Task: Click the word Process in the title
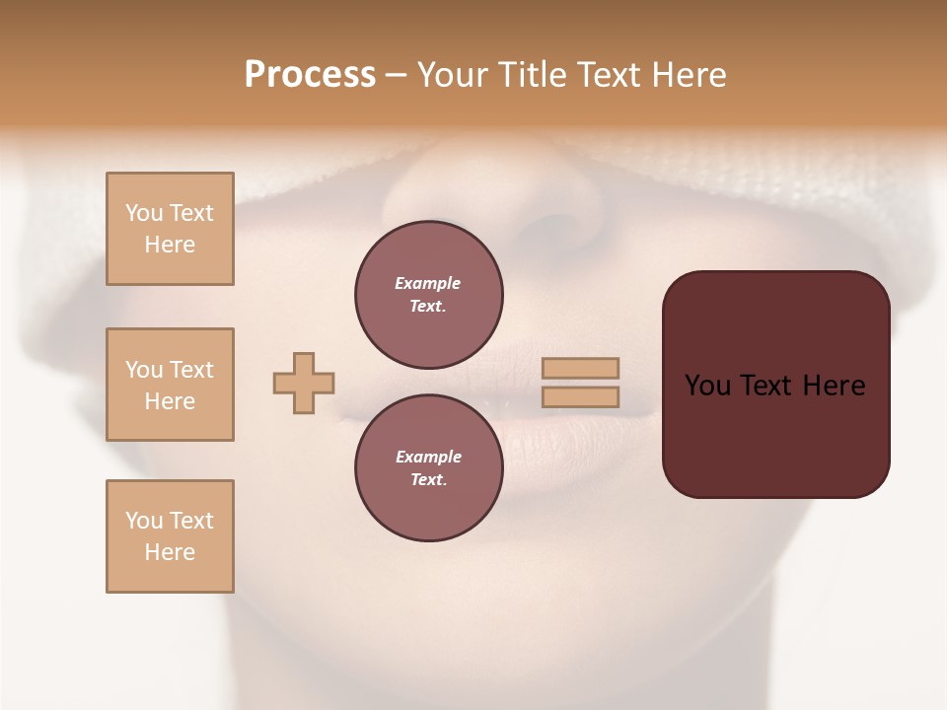coord(310,75)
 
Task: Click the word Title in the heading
coord(536,75)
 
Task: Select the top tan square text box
coord(170,229)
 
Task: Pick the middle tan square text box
coord(170,385)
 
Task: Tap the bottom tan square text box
coord(170,536)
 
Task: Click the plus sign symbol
coord(304,383)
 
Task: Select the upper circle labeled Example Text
coord(428,295)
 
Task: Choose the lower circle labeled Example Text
coord(428,468)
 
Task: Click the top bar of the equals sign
coord(580,368)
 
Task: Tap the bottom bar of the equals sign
coord(580,397)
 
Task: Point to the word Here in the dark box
coord(833,386)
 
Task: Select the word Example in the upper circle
coord(428,284)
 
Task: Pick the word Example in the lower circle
coord(428,458)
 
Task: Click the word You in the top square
coord(143,213)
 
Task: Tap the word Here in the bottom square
coord(170,552)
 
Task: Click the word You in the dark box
coord(708,386)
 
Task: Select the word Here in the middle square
coord(170,401)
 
